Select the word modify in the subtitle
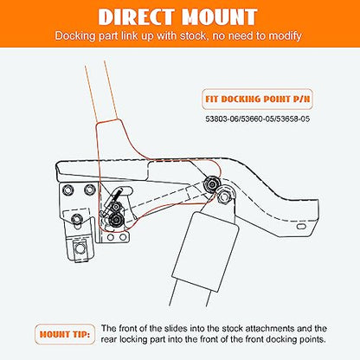[285, 36]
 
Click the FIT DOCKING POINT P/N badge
[257, 99]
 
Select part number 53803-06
[222, 119]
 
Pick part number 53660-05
[257, 119]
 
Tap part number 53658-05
[292, 119]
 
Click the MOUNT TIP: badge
[65, 335]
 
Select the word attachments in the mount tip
[269, 329]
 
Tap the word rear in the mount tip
[109, 339]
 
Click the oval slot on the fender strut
[302, 227]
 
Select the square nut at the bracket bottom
[80, 248]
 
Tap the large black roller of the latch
[117, 222]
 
